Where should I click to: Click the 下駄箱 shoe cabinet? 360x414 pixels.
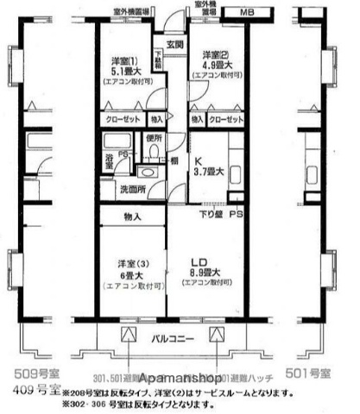[x=158, y=61]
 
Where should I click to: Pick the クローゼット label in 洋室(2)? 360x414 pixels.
[x=227, y=119]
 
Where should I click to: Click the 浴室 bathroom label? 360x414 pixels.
[x=109, y=160]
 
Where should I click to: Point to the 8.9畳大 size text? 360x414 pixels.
[x=200, y=276]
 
